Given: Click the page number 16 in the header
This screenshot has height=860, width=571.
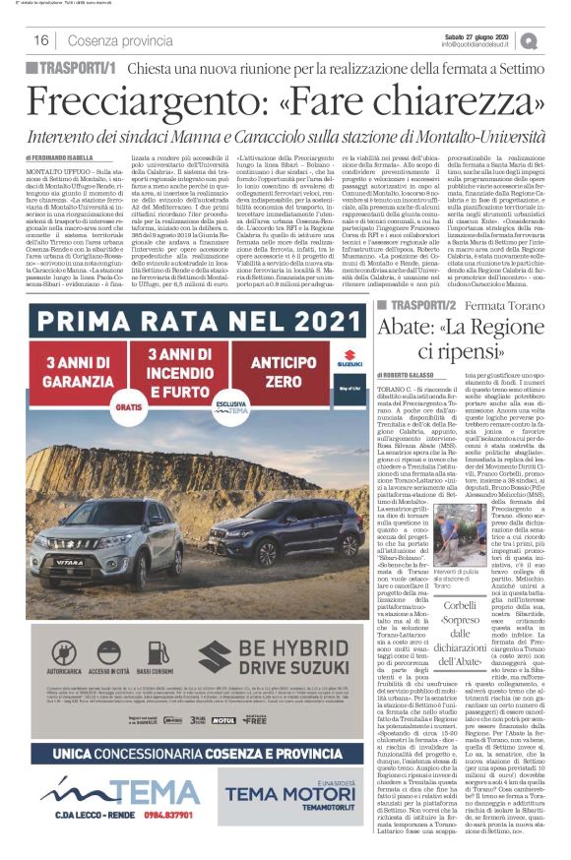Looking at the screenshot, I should point(42,39).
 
